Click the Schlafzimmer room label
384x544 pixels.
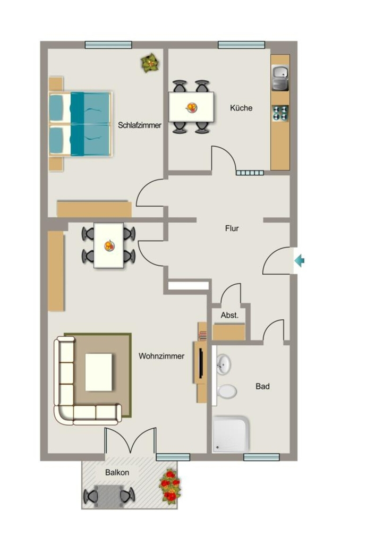coord(140,125)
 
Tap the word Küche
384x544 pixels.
coord(241,108)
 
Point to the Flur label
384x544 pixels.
coord(232,228)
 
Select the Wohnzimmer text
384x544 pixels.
coord(161,356)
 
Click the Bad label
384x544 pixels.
coord(262,386)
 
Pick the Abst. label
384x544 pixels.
coord(229,316)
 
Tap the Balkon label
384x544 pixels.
coord(117,472)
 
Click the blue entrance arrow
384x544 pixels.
coord(300,260)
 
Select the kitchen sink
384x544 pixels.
coord(280,78)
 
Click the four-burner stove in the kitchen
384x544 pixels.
coord(280,113)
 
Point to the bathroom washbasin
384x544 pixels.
coord(224,364)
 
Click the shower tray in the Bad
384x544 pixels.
coord(231,434)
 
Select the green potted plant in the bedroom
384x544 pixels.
coord(150,63)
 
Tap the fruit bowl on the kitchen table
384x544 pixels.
coord(191,107)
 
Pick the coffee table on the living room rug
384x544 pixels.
coord(99,372)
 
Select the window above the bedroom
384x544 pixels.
coord(108,45)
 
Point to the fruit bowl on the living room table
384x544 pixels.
coord(109,245)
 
